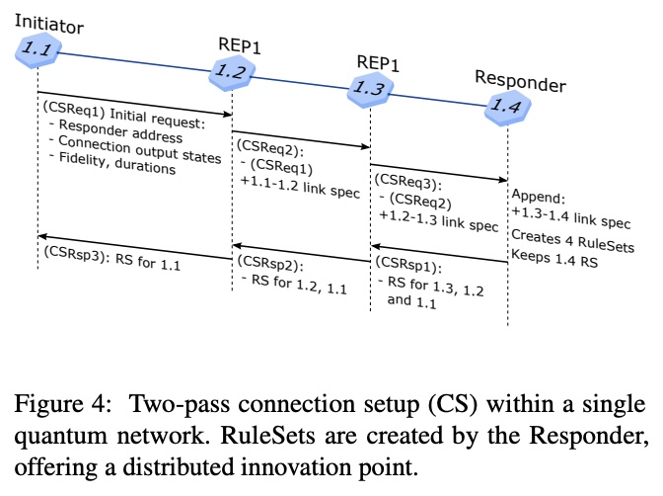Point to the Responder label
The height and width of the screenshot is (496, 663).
520,82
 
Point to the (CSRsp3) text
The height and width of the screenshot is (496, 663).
75,253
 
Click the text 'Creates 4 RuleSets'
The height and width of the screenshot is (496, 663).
572,246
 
